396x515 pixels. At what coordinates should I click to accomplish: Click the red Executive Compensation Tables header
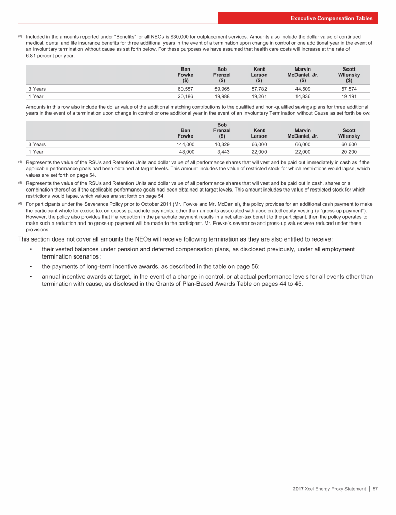pyautogui.click(x=331, y=18)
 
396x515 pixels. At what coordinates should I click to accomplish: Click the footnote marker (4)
pyautogui.click(x=20, y=162)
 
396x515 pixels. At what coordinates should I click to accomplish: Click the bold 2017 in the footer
pyautogui.click(x=293, y=503)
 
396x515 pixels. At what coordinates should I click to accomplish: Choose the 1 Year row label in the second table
pyautogui.click(x=36, y=152)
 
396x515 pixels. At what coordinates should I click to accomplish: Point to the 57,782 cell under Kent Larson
pyautogui.click(x=259, y=89)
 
